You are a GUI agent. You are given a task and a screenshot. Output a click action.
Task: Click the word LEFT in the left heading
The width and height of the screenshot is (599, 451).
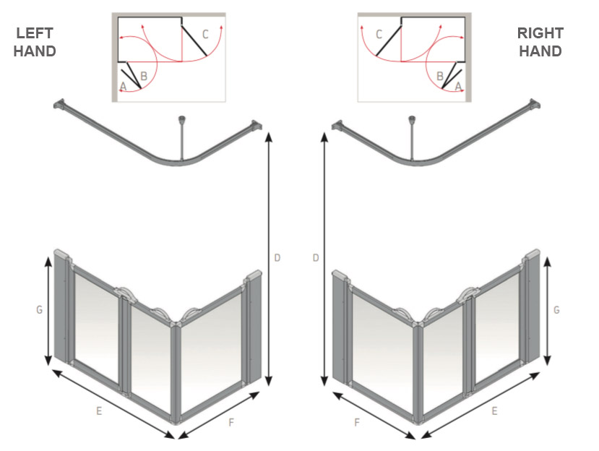pyautogui.click(x=35, y=33)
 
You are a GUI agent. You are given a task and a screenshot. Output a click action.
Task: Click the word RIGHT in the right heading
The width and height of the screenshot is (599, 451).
pyautogui.click(x=540, y=33)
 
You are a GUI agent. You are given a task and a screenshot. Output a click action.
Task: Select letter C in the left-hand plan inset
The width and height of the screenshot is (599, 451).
pyautogui.click(x=205, y=33)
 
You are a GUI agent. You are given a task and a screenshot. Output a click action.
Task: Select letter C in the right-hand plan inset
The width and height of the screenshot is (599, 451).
pyautogui.click(x=379, y=33)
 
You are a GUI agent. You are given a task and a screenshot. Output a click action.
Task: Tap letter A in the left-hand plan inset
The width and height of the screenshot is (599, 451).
pyautogui.click(x=124, y=86)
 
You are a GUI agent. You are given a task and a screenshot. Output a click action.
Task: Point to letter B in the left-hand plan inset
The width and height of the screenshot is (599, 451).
pyautogui.click(x=144, y=76)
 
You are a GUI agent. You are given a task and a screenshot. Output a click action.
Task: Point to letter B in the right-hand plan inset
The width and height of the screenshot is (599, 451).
pyautogui.click(x=439, y=76)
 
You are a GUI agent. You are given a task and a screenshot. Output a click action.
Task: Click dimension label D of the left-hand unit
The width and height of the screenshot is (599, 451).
pyautogui.click(x=277, y=257)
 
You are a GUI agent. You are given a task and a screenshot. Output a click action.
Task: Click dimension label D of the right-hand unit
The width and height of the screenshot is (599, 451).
pyautogui.click(x=315, y=257)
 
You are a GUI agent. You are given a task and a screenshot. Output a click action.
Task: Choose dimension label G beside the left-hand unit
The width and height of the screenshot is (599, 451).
pyautogui.click(x=39, y=310)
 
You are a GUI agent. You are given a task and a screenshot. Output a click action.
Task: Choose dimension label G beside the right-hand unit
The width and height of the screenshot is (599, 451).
pyautogui.click(x=556, y=310)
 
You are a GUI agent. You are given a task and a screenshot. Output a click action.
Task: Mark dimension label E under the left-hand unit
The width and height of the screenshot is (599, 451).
pyautogui.click(x=99, y=411)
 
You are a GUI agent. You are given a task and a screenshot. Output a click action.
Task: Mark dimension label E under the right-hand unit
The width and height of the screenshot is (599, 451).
pyautogui.click(x=494, y=411)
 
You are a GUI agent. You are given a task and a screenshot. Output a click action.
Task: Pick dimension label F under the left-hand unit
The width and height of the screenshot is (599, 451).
pyautogui.click(x=230, y=422)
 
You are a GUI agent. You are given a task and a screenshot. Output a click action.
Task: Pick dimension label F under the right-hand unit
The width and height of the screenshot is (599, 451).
pyautogui.click(x=357, y=422)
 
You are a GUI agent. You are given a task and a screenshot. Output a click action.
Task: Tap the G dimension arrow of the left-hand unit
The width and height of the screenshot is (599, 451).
pyautogui.click(x=49, y=311)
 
